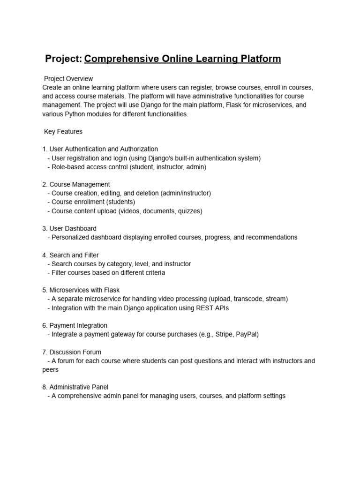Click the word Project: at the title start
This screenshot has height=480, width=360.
63,59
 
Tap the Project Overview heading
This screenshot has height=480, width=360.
68,79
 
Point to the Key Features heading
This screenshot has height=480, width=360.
63,132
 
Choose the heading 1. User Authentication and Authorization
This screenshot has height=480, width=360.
100,150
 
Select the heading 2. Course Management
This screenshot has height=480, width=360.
76,185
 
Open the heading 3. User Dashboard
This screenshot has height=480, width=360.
69,229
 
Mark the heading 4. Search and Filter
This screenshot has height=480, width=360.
70,255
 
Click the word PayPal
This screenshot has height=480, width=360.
246,334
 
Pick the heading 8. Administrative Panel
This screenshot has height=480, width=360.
75,387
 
